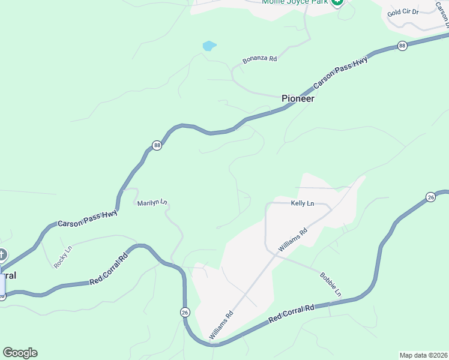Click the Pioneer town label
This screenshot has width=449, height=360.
pyautogui.click(x=298, y=98)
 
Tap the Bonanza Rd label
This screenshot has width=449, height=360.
pyautogui.click(x=259, y=59)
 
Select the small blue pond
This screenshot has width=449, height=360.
pyautogui.click(x=209, y=46)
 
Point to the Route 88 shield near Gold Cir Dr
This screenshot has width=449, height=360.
pyautogui.click(x=402, y=46)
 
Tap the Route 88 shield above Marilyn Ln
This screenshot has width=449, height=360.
pyautogui.click(x=157, y=146)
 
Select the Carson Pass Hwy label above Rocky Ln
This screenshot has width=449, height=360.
pyautogui.click(x=88, y=219)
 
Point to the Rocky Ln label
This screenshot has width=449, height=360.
pyautogui.click(x=62, y=256)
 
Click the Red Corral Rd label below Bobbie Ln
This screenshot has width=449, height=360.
pyautogui.click(x=292, y=314)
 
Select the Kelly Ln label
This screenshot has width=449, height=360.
pyautogui.click(x=303, y=203)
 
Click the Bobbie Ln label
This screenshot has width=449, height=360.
pyautogui.click(x=330, y=284)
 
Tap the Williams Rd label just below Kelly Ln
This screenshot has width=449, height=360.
pyautogui.click(x=293, y=239)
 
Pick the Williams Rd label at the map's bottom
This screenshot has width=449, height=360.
pyautogui.click(x=220, y=326)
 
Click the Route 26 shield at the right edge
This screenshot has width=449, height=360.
pyautogui.click(x=430, y=197)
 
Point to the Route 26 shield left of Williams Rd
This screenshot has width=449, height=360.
pyautogui.click(x=184, y=312)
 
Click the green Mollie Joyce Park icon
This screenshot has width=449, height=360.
pyautogui.click(x=337, y=2)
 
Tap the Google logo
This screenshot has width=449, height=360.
pyautogui.click(x=20, y=353)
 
